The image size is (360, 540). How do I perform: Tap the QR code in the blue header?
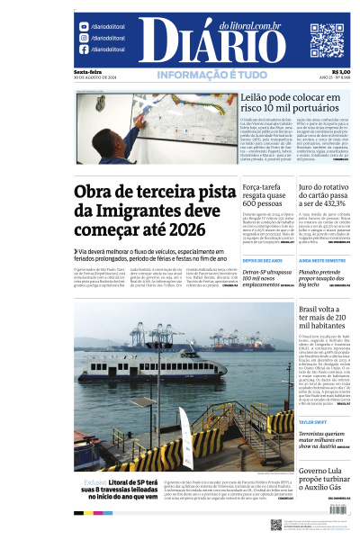pyautogui.click(x=327, y=40)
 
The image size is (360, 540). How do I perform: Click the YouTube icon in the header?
pyautogui.click(x=82, y=26)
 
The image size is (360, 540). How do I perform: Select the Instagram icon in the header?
pyautogui.click(x=82, y=39)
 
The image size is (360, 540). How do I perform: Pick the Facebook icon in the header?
pyautogui.click(x=82, y=51)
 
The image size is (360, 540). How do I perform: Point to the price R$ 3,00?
pyautogui.click(x=341, y=72)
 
